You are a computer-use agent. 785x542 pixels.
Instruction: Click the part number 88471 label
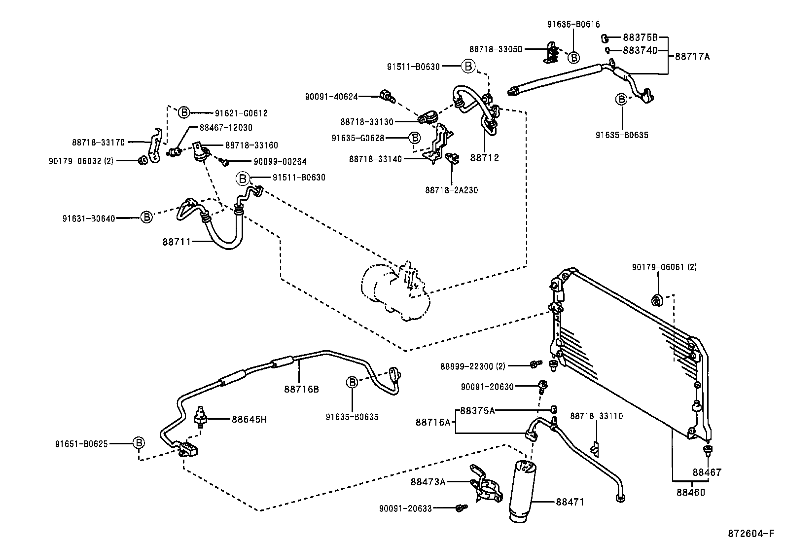click(570, 502)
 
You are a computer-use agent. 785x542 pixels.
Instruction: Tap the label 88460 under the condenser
click(690, 492)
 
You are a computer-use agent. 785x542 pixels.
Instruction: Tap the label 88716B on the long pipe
click(301, 389)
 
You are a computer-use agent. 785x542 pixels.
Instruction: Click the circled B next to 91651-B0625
click(140, 442)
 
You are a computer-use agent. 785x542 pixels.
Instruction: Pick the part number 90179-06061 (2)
click(664, 267)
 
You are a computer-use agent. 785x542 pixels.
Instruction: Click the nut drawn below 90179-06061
click(657, 299)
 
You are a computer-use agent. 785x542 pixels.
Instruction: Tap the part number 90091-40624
click(331, 97)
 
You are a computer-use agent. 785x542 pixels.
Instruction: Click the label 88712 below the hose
click(484, 158)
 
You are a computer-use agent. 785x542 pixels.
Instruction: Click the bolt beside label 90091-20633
click(461, 508)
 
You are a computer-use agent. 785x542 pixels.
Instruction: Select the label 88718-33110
click(596, 416)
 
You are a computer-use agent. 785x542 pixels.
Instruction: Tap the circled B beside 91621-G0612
click(183, 113)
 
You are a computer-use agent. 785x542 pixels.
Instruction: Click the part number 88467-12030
click(226, 127)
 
